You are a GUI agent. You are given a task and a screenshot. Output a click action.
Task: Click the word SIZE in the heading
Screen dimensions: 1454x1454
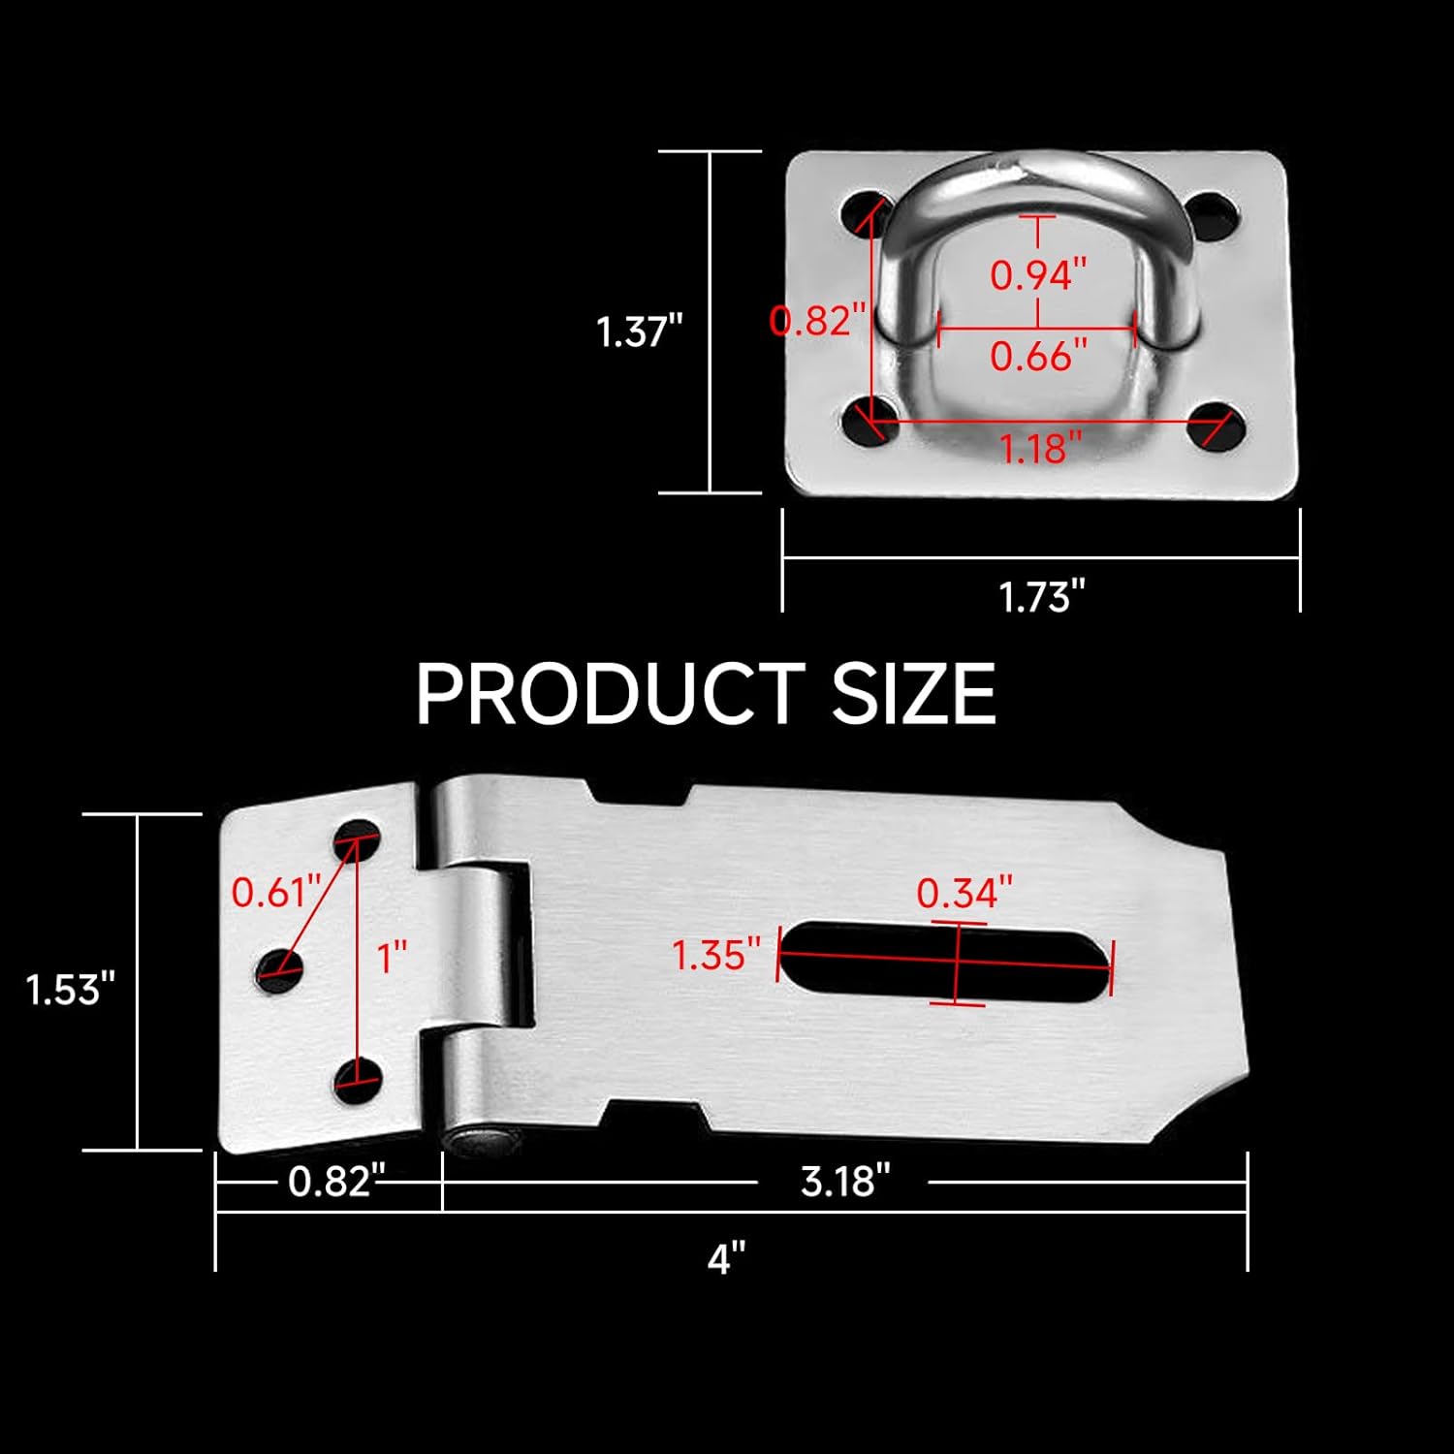point(913,694)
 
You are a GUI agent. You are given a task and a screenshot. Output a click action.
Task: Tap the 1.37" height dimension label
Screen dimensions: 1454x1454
point(639,332)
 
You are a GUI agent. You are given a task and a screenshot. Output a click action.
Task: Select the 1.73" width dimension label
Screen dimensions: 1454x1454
point(1041,596)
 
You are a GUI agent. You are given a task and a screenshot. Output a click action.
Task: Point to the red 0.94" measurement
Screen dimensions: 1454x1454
point(1038,275)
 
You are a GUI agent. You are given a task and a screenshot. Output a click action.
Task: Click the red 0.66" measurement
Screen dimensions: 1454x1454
point(1038,357)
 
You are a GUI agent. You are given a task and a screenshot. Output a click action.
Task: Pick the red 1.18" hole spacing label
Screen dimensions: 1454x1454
point(1040,449)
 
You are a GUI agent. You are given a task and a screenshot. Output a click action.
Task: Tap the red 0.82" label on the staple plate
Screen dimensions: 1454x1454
point(816,320)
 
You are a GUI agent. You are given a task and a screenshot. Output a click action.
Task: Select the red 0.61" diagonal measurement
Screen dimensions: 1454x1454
point(275,892)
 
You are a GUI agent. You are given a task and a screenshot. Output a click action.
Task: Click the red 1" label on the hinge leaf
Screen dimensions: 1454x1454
point(392,958)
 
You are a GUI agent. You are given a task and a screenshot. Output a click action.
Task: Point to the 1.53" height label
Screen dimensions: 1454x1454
point(70,990)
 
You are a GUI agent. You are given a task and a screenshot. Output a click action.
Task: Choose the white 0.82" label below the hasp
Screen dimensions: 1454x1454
point(331,1182)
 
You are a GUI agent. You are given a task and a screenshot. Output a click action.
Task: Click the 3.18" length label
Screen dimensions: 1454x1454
point(844,1182)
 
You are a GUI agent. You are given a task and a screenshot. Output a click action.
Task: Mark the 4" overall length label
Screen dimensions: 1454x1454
point(726,1259)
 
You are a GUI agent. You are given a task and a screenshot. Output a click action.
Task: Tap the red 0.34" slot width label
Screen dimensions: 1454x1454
point(964,893)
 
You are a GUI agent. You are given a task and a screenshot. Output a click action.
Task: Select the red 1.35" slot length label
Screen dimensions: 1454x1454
point(716,956)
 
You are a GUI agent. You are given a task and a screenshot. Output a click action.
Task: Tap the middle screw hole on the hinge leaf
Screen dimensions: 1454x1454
point(279,970)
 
